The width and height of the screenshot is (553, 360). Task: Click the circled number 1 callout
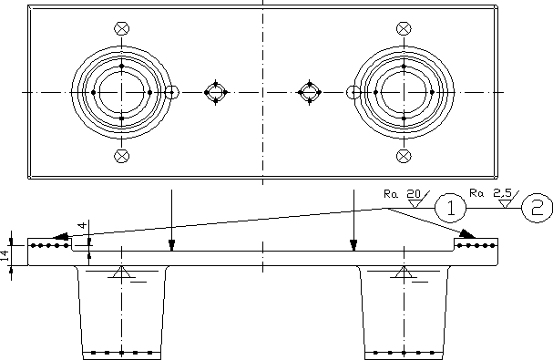451,208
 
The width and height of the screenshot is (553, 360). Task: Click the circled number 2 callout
537,208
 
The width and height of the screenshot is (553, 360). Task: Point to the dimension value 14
5,255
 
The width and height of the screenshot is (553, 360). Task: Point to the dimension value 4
82,225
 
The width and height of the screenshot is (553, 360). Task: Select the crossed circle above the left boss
122,28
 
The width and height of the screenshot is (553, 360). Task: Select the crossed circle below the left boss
122,156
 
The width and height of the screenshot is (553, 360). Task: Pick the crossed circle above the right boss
404,28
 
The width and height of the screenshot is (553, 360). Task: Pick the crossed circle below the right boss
404,156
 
